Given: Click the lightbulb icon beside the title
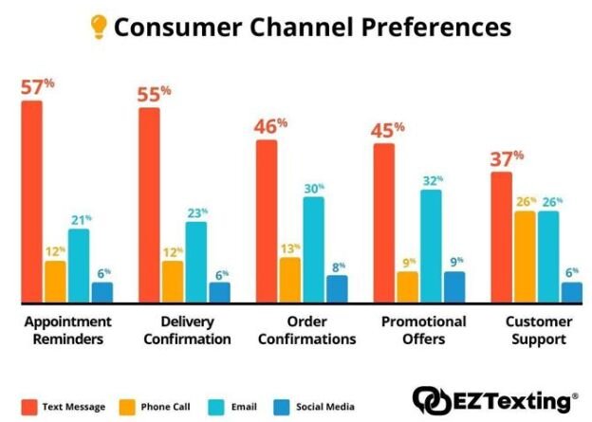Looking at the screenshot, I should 99,27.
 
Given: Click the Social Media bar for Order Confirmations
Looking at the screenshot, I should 337,288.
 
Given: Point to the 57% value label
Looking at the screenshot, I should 37,87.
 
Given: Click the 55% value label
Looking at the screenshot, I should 153,94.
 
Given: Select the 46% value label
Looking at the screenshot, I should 269,126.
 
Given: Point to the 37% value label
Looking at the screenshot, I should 507,158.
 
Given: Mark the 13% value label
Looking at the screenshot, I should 289,249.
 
